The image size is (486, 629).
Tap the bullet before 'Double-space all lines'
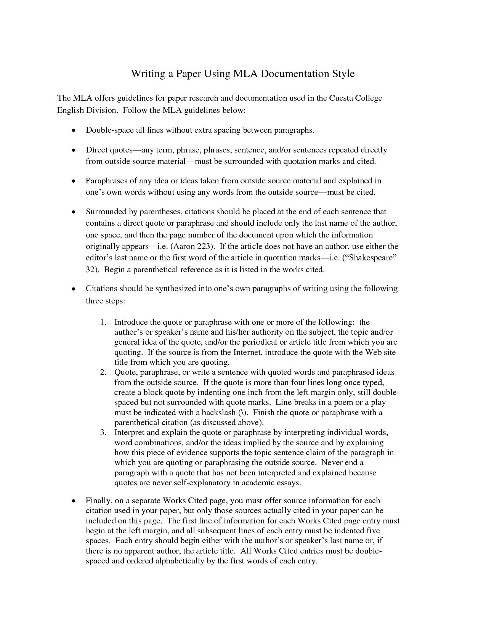[x=74, y=130]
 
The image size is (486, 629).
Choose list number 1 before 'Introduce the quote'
[x=103, y=323]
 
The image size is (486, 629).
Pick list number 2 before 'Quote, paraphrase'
[x=103, y=372]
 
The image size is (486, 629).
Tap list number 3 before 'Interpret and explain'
[x=103, y=433]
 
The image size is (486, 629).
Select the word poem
[x=343, y=403]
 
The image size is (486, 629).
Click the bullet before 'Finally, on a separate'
[x=74, y=501]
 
